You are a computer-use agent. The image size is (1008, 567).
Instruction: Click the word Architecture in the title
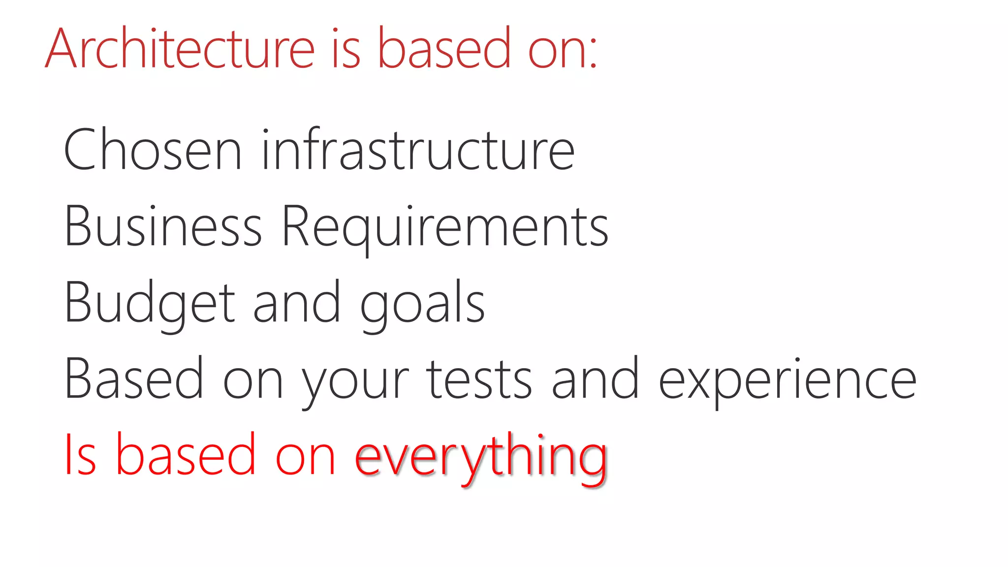pyautogui.click(x=180, y=48)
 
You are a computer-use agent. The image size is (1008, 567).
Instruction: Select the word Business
pyautogui.click(x=163, y=226)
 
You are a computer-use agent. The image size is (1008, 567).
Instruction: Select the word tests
pyautogui.click(x=479, y=379)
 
